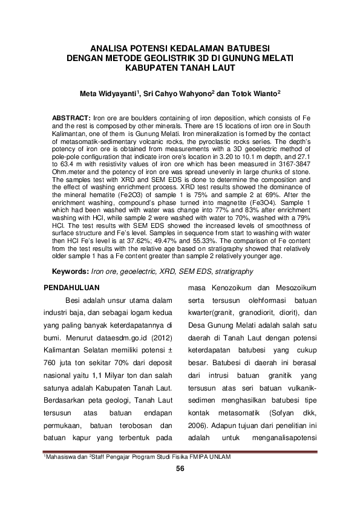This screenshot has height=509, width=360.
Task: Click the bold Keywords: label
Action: click(x=72, y=271)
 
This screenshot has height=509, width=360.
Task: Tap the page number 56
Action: click(x=180, y=469)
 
